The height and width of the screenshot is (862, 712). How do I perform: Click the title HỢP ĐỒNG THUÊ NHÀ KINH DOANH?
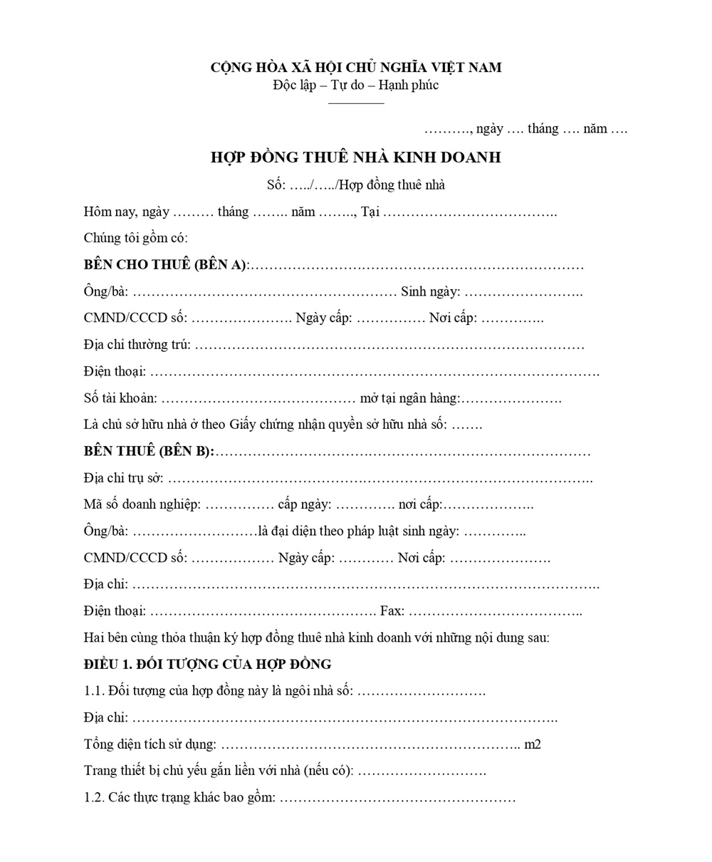tap(355, 157)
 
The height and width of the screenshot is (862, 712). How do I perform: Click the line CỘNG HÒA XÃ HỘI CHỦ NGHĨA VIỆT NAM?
tap(355, 68)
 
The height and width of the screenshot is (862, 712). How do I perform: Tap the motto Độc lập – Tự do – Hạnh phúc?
tap(355, 85)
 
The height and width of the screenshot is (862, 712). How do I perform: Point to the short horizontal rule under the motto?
tap(355, 103)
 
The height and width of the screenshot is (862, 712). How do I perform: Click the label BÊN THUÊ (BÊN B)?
tap(148, 452)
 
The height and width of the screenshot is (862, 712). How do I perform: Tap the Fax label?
tap(392, 611)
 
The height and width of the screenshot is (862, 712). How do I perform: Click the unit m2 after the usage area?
tap(533, 744)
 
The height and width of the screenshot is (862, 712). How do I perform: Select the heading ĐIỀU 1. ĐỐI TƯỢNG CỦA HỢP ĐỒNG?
tap(207, 665)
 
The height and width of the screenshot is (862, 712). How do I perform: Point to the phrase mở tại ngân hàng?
tap(409, 398)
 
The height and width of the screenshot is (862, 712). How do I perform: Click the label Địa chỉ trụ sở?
tap(123, 478)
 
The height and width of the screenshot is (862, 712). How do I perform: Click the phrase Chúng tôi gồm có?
tap(135, 238)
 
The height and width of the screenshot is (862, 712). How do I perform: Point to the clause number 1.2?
tap(93, 797)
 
